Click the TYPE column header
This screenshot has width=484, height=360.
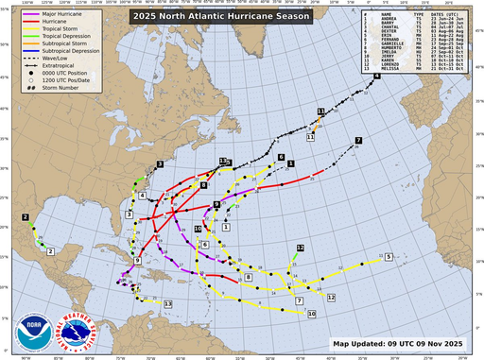tap(418, 15)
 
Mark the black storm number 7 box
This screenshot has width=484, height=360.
tap(358, 141)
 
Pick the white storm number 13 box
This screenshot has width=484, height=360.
tap(167, 303)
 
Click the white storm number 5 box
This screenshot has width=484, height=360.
tap(389, 256)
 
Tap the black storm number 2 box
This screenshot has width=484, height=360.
tap(26, 217)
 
